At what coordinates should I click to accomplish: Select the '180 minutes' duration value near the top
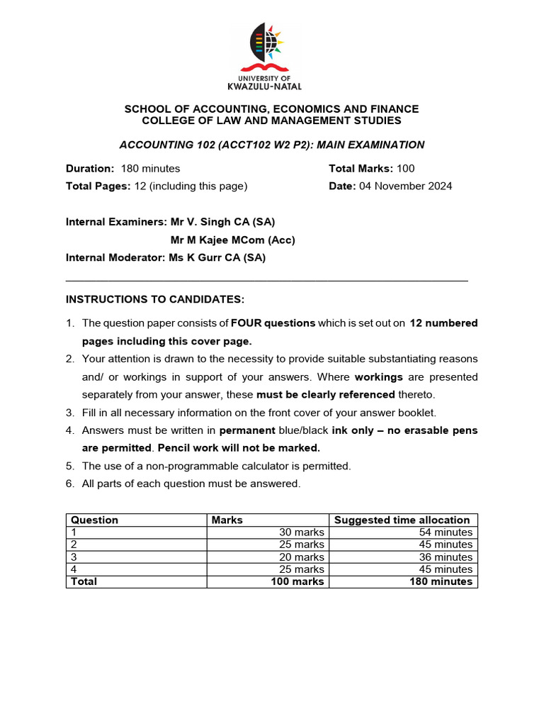coord(150,169)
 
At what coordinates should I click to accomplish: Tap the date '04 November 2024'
coord(405,186)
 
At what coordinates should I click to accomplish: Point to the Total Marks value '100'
coord(406,169)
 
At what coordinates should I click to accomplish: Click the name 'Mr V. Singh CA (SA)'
coord(222,222)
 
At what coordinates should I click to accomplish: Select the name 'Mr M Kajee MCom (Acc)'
coord(233,240)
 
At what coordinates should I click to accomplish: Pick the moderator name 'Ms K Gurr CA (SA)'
coord(217,258)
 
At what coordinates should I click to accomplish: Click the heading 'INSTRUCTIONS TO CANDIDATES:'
coord(155,299)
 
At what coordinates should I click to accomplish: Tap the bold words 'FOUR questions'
coord(273,323)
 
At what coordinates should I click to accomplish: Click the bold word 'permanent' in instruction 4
coord(247,430)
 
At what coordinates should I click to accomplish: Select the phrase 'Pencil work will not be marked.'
coord(239,448)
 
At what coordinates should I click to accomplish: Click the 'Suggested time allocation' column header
coord(402,520)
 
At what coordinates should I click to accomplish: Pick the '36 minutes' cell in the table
coord(444,557)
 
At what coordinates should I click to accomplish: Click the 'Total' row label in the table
coord(84,581)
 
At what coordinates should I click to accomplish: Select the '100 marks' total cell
coord(297,581)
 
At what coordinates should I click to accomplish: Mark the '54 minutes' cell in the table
coord(444,532)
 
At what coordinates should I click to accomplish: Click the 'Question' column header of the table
coord(94,520)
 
